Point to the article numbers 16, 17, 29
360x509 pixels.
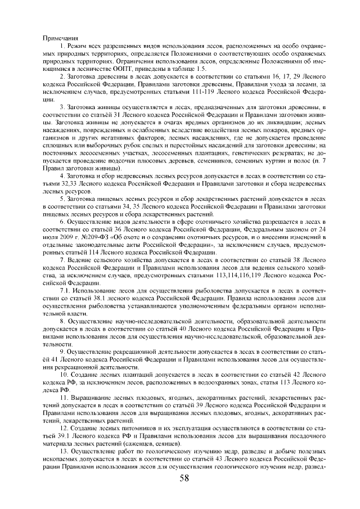274,75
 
